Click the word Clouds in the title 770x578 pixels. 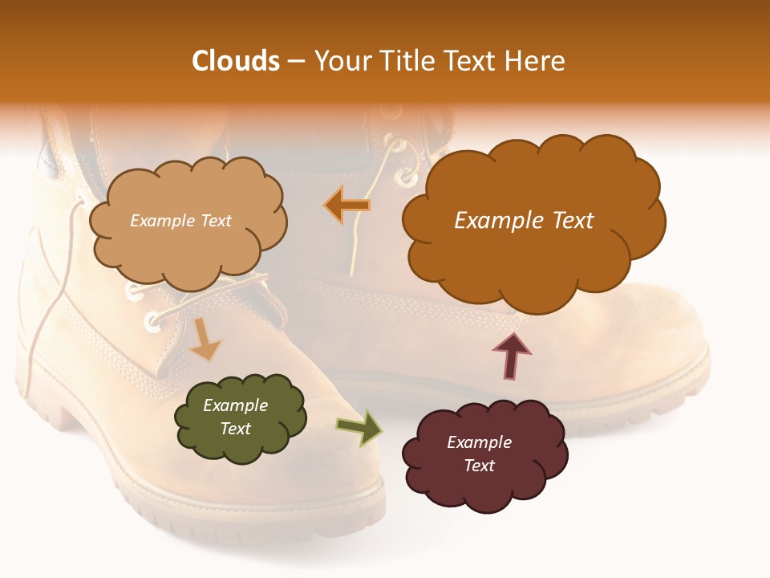[236, 61]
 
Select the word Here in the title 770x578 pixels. [534, 61]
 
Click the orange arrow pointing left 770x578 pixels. [346, 206]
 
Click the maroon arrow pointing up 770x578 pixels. [512, 356]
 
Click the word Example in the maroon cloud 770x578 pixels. [479, 442]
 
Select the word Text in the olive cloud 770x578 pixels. [236, 429]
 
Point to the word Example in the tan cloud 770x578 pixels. [161, 221]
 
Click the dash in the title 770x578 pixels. [296, 61]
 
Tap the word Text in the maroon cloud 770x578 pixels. [479, 466]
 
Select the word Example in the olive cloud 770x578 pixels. [236, 405]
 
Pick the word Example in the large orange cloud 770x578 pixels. [491, 221]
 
